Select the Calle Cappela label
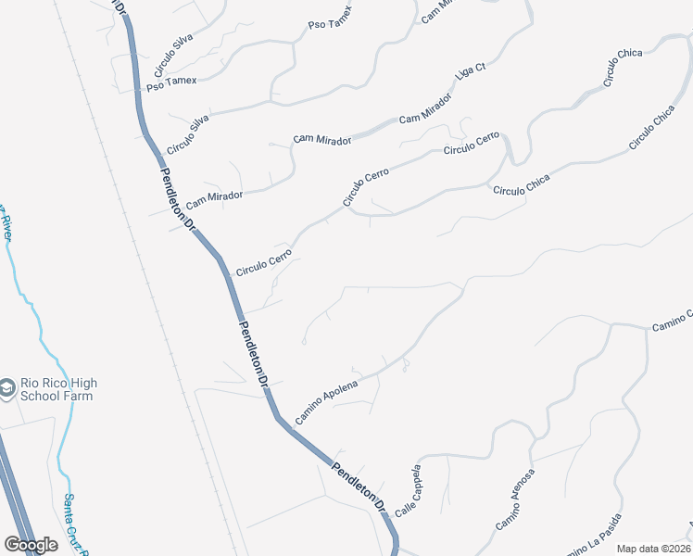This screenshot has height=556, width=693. point(408,490)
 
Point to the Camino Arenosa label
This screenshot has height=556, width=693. point(515,500)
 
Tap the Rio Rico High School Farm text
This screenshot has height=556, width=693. point(58,389)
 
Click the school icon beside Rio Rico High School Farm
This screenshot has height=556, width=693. point(7,388)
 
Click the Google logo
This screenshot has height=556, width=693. point(31,545)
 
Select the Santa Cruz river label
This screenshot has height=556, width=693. point(75,524)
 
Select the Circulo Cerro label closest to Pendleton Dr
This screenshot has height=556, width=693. point(264,261)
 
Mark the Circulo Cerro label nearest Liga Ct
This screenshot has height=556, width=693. point(471,144)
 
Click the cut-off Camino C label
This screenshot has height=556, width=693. point(672,321)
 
